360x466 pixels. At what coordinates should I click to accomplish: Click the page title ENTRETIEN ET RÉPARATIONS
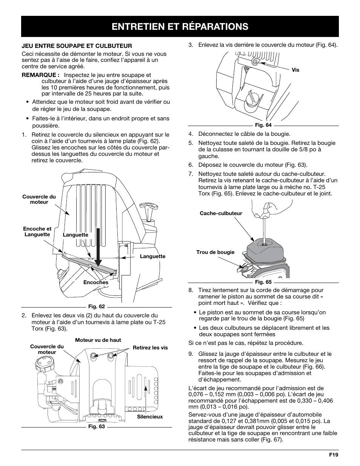180,26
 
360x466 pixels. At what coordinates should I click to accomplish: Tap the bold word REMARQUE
40,75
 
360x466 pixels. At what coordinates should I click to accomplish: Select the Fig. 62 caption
96,306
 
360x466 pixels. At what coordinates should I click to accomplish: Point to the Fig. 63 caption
96,427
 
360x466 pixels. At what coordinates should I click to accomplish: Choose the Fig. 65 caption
263,282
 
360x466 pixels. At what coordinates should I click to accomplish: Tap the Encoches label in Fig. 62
95,282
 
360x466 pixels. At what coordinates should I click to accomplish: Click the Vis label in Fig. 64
295,70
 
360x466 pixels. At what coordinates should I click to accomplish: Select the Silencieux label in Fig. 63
149,417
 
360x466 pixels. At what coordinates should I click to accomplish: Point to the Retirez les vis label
150,348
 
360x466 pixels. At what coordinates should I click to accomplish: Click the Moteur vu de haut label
98,340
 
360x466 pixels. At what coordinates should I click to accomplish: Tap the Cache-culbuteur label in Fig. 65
221,213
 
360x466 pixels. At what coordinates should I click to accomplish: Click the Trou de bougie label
215,252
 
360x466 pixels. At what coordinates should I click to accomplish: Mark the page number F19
333,455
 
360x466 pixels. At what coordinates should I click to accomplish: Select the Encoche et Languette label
37,231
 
